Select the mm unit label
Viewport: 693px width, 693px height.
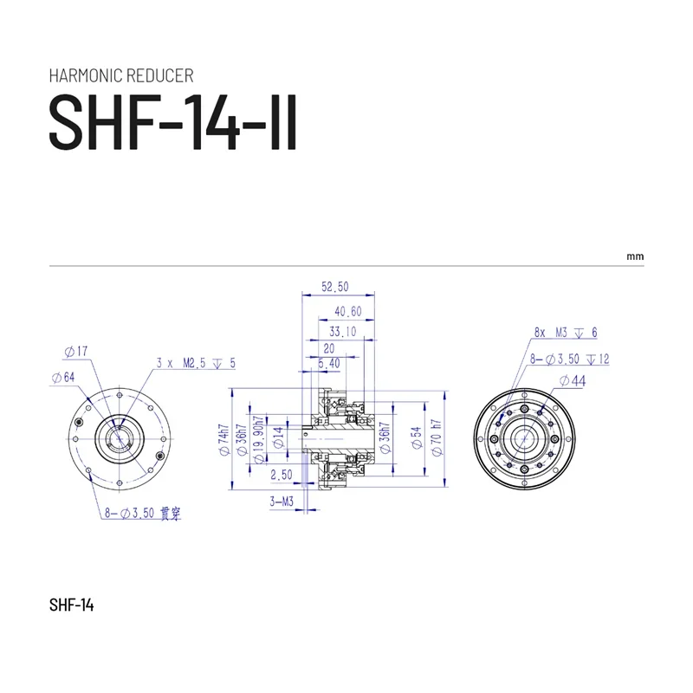(x=636, y=257)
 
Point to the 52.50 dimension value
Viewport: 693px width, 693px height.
(x=335, y=287)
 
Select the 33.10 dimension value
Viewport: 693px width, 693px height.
(x=344, y=330)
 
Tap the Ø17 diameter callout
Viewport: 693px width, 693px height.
(x=76, y=352)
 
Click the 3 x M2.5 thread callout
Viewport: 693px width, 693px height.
(x=196, y=364)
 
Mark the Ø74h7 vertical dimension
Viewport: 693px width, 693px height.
(x=223, y=441)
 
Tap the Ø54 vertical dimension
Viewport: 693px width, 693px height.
(x=415, y=440)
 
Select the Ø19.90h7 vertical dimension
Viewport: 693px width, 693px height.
(x=257, y=441)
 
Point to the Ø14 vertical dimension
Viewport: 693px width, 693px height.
(x=277, y=440)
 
